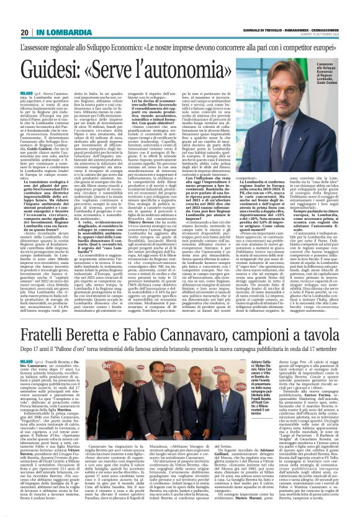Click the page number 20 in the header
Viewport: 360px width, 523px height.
[24, 32]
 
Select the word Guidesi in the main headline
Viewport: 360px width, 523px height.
[58, 70]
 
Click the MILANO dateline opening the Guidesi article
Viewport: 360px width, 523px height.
[28, 92]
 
